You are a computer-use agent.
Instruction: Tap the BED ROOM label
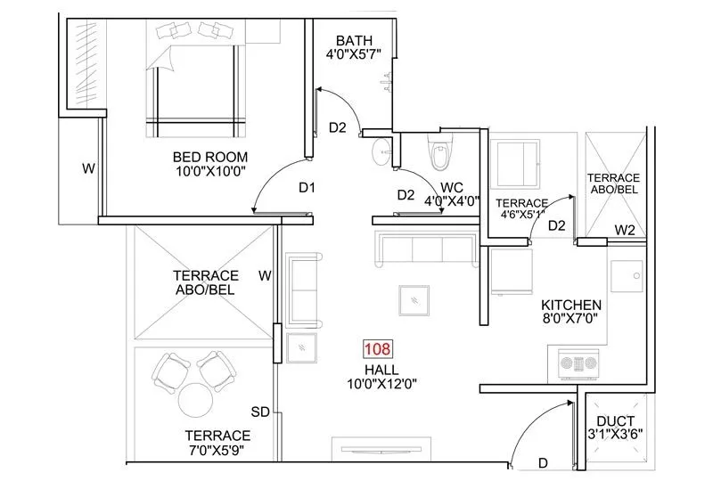(x=209, y=158)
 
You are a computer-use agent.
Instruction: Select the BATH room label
(x=354, y=41)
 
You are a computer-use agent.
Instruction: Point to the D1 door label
(x=307, y=188)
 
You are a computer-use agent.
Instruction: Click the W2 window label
(x=624, y=232)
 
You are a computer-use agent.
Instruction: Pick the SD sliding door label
(x=260, y=412)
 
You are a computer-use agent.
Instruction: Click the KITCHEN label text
(x=571, y=305)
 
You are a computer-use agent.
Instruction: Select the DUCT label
(x=616, y=420)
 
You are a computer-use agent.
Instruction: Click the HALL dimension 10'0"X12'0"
(x=381, y=385)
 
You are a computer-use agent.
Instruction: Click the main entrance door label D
(x=544, y=462)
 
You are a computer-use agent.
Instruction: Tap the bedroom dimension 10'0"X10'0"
(x=210, y=173)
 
